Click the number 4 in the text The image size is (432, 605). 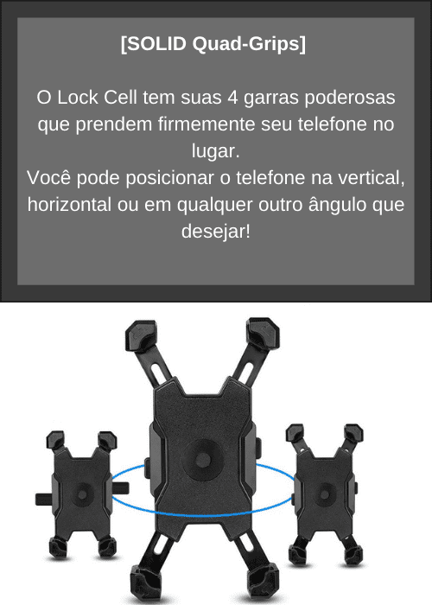tap(232, 97)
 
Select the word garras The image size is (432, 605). tap(271, 98)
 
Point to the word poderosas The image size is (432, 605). tap(350, 98)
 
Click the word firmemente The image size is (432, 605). tap(206, 124)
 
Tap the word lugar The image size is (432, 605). tap(216, 151)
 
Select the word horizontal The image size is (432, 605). tap(69, 205)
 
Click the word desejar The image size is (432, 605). tap(216, 232)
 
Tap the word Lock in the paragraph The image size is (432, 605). tap(78, 97)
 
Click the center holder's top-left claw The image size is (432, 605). tap(142, 335)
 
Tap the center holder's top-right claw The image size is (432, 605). tap(264, 334)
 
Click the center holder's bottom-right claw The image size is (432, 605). tap(263, 583)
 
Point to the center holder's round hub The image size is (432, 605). tap(202, 460)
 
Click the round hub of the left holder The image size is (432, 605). tap(82, 494)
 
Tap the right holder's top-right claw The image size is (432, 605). tap(353, 434)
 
